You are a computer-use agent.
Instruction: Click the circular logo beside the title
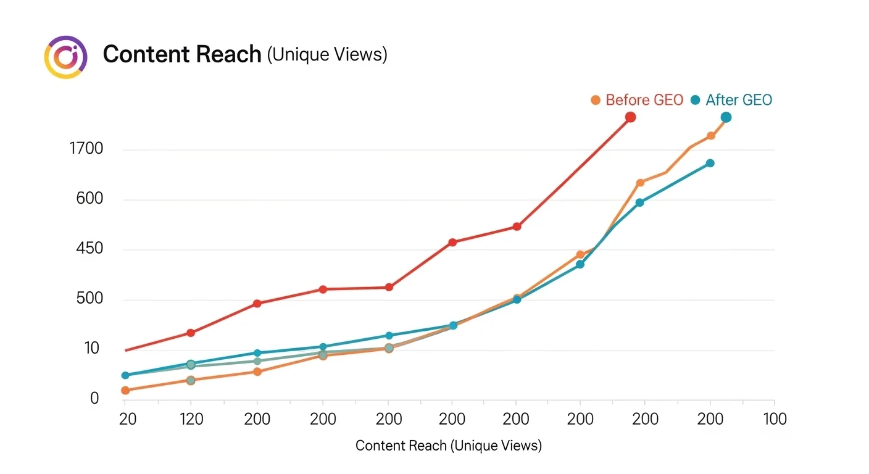[64, 57]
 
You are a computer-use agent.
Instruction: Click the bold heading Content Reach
[182, 54]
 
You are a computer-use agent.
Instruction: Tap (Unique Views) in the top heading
[327, 55]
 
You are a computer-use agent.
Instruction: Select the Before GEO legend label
[644, 100]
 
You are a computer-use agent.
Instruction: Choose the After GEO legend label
[739, 100]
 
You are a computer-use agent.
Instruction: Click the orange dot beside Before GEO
[596, 100]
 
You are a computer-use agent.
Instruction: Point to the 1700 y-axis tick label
[87, 149]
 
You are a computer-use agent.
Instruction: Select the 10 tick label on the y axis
[92, 349]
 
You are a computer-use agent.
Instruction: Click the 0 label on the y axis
[94, 399]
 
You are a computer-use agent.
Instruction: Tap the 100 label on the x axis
[775, 419]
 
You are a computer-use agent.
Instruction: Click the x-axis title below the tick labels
[449, 446]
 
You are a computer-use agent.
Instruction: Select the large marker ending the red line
[630, 117]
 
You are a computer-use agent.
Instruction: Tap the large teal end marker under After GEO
[726, 117]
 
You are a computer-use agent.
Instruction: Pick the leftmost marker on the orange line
[125, 390]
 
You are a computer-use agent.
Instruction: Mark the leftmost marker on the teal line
[125, 375]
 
